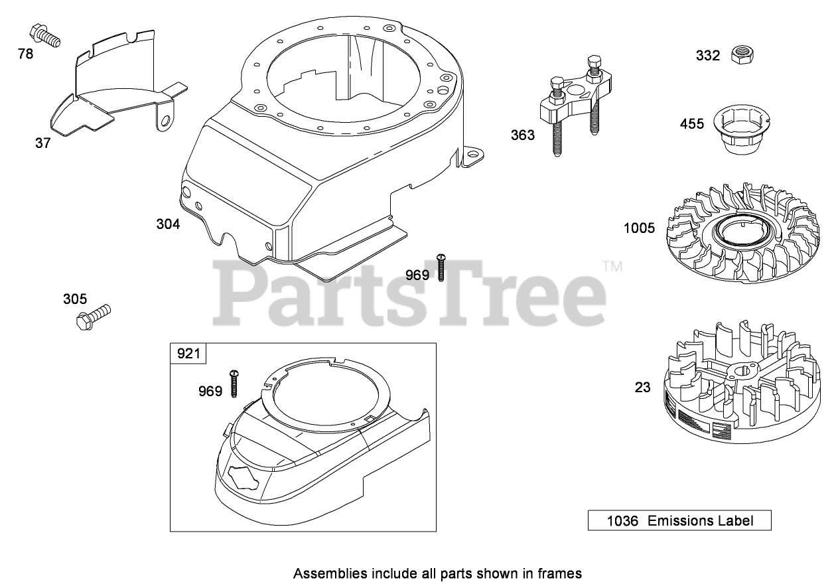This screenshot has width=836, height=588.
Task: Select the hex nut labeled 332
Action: [740, 54]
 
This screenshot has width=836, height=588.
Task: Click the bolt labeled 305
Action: [92, 316]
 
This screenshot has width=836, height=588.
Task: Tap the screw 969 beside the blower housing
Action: [440, 267]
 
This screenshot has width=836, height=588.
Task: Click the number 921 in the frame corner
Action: [188, 353]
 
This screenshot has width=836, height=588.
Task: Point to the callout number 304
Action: [168, 224]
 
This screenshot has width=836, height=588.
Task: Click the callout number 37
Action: [42, 143]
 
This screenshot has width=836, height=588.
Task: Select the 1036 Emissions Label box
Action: [679, 520]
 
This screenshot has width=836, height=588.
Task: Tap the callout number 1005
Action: [639, 228]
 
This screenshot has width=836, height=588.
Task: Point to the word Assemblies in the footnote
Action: [325, 573]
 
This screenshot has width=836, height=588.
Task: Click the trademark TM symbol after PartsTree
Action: [612, 267]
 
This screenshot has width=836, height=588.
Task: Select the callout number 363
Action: [522, 135]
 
